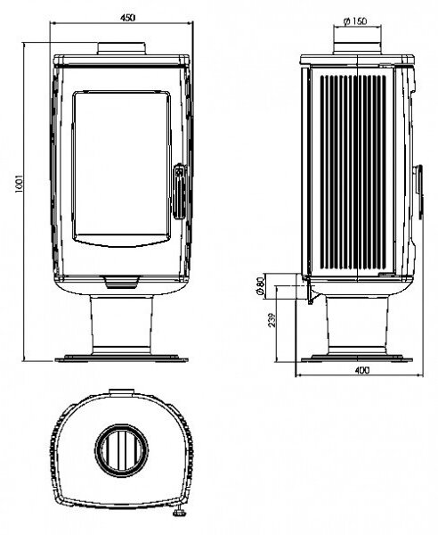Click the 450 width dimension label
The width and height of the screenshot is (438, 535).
pyautogui.click(x=127, y=18)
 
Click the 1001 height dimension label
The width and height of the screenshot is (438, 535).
pyautogui.click(x=19, y=184)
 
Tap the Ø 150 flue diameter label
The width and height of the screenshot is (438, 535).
pyautogui.click(x=355, y=21)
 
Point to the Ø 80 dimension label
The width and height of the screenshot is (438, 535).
pyautogui.click(x=260, y=286)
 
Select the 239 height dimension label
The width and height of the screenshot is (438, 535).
pyautogui.click(x=272, y=320)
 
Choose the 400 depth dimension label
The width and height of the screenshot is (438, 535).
pyautogui.click(x=361, y=370)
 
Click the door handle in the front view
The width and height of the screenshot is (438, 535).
pyautogui.click(x=180, y=192)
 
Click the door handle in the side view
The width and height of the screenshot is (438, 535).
pyautogui.click(x=419, y=192)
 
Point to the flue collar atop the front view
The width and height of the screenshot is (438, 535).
pyautogui.click(x=122, y=48)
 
